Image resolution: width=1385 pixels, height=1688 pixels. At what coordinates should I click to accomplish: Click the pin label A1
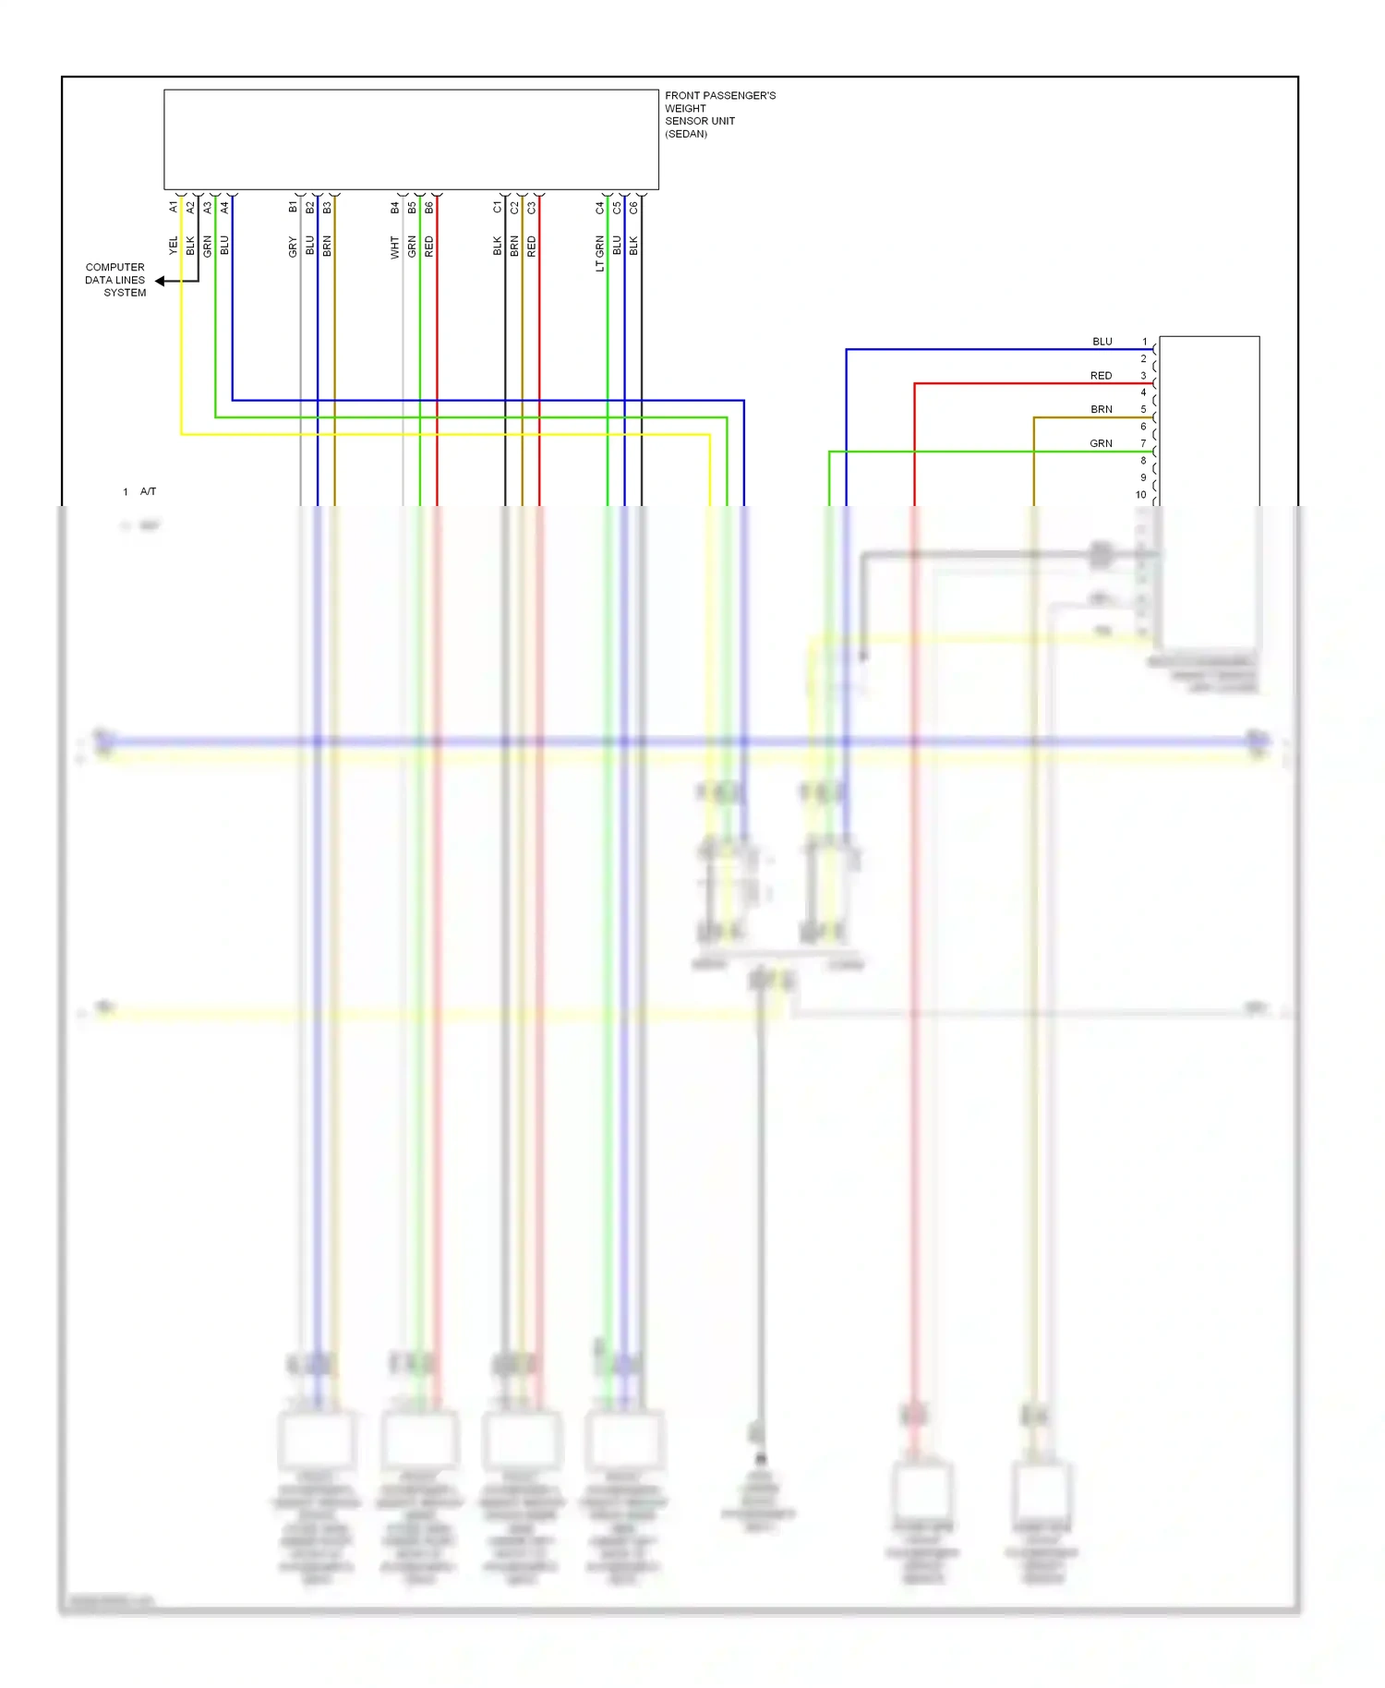(x=174, y=208)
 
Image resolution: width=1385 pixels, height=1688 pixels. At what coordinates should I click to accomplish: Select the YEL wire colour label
(x=174, y=246)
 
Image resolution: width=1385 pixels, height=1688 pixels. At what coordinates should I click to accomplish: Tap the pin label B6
(x=429, y=208)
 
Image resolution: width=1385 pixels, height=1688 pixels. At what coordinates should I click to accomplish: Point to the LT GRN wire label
(x=600, y=253)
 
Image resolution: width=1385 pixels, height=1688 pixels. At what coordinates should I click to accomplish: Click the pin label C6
(x=634, y=208)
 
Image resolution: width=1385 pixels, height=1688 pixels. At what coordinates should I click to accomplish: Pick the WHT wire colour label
(x=395, y=247)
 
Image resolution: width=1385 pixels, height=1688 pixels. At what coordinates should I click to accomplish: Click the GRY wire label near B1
(x=293, y=247)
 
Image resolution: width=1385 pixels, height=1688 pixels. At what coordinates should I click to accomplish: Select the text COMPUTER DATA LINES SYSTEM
(x=115, y=280)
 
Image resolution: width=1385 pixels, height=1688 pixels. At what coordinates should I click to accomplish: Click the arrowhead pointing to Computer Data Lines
(x=161, y=281)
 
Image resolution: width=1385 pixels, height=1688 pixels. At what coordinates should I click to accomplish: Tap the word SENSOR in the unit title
(x=685, y=121)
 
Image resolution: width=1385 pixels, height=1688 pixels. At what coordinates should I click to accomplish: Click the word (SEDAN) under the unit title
(x=686, y=134)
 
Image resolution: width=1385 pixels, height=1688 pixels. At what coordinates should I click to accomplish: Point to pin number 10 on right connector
(x=1140, y=495)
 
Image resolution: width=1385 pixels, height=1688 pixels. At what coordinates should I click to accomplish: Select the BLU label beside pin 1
(x=1102, y=342)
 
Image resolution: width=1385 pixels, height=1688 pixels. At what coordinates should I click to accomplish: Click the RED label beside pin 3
(x=1101, y=376)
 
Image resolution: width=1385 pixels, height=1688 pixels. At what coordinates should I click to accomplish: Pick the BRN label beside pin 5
(x=1101, y=409)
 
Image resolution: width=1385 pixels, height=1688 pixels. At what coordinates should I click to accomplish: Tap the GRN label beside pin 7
(x=1101, y=443)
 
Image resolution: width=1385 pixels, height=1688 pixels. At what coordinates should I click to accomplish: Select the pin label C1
(x=498, y=208)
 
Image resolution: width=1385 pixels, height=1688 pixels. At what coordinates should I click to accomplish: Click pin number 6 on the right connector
(x=1143, y=427)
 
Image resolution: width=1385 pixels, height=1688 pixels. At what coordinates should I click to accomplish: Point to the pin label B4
(x=395, y=208)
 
